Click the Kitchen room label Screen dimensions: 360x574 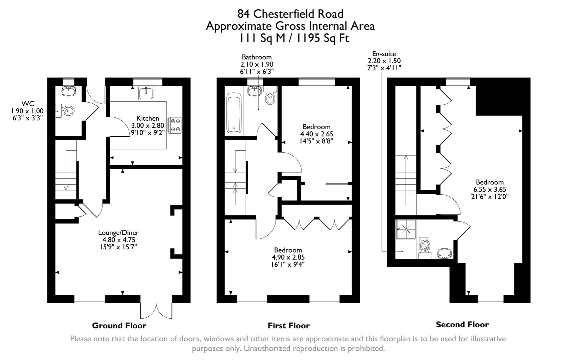[148, 118]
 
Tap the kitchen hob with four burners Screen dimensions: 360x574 [175, 125]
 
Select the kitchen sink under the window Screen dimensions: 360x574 [146, 93]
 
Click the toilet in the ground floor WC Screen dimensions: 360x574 [68, 110]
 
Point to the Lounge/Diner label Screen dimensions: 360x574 [118, 233]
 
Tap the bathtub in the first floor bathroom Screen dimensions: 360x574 [234, 113]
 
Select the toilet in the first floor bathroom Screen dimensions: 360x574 [269, 97]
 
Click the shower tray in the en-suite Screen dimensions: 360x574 [406, 229]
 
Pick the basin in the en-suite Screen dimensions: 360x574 [444, 253]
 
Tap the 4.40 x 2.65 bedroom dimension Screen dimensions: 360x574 [317, 134]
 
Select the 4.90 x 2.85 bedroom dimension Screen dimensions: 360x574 [288, 257]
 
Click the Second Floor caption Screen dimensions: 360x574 [462, 325]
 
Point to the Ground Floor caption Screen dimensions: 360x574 [119, 326]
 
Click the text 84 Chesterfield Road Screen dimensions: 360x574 [290, 14]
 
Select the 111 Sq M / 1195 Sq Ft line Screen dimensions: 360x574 [293, 38]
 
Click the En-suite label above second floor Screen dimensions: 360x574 [384, 54]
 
